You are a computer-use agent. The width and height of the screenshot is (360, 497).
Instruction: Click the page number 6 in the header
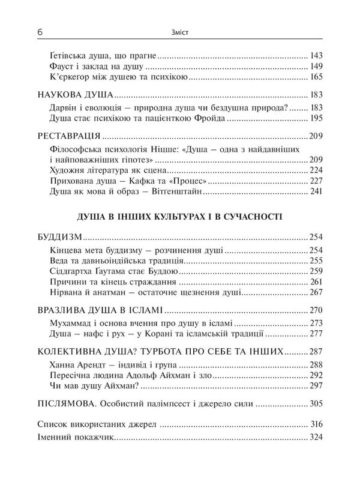40,31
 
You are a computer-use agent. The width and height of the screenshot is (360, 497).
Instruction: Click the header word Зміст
181,31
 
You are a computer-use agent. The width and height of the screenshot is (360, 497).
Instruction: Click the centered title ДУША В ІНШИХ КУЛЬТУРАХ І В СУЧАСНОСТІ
181,215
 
